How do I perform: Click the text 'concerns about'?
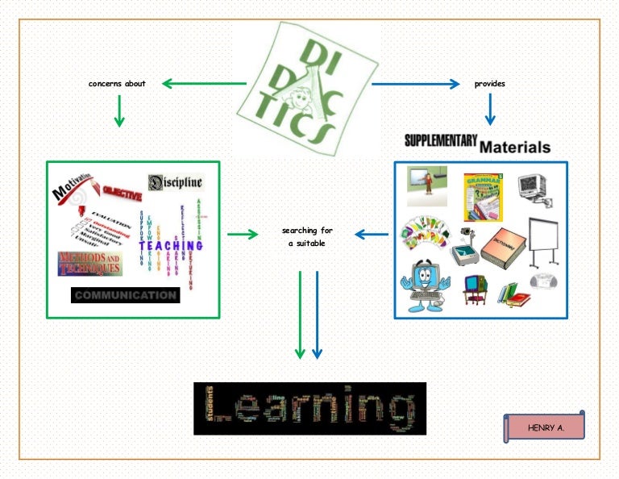(117, 83)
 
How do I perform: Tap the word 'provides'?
(490, 83)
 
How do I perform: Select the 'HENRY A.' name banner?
(545, 427)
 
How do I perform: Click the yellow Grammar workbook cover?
(483, 196)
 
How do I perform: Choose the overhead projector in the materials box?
(462, 246)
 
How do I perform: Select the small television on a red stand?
(474, 289)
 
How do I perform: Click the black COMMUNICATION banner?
(125, 295)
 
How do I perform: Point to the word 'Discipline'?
(176, 183)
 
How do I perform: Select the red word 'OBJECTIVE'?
(122, 194)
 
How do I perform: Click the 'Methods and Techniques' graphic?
(89, 263)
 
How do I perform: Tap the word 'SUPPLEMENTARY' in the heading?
(441, 140)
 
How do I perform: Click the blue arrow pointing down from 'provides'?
(489, 110)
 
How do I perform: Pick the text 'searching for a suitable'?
(306, 236)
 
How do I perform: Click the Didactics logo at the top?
(306, 87)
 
